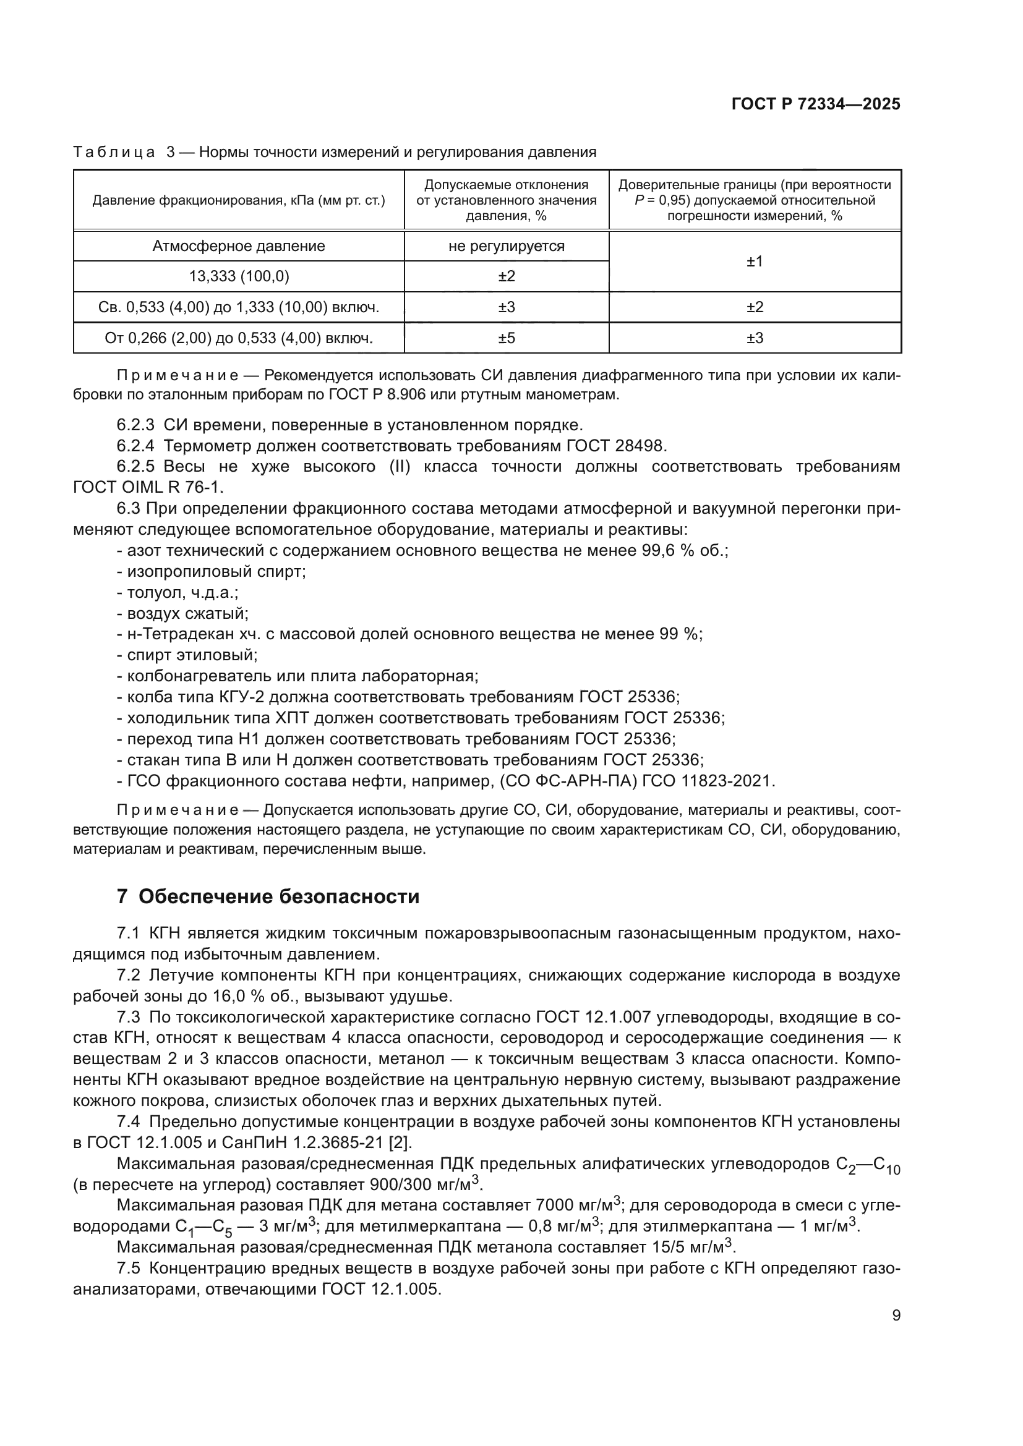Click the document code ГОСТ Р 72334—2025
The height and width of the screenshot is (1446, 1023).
(816, 104)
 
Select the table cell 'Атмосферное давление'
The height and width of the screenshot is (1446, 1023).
(238, 246)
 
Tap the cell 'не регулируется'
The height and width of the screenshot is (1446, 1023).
(506, 246)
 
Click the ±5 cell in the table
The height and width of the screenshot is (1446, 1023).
(506, 338)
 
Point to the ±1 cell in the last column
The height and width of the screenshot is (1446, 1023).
(754, 262)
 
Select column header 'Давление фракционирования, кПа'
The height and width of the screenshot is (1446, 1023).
(238, 200)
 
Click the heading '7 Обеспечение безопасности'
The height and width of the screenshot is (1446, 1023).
(268, 896)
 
